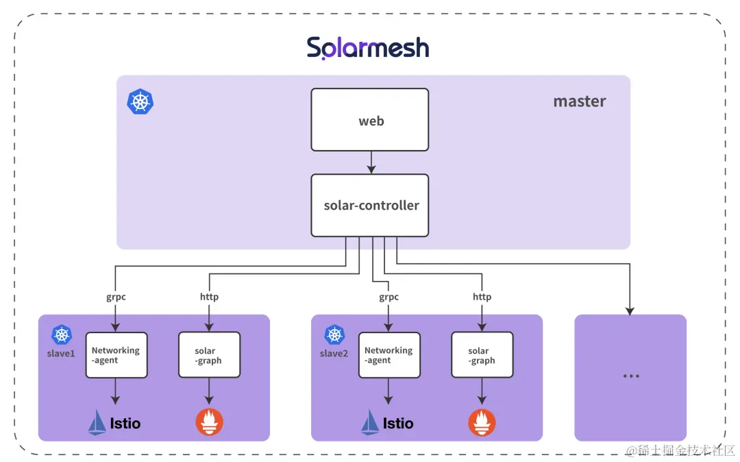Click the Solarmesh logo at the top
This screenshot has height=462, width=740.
point(368,48)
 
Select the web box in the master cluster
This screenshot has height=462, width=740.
point(370,120)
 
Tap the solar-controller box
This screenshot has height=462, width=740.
point(370,205)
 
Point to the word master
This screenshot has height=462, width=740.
point(580,101)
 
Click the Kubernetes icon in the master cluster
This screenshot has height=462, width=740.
point(140,101)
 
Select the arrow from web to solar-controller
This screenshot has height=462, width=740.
point(370,162)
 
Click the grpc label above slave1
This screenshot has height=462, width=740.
point(116,297)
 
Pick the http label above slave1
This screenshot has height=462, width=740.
point(209,297)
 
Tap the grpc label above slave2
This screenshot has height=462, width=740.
point(388,297)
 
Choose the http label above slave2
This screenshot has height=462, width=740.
point(482,297)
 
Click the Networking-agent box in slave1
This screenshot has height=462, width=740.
point(116,355)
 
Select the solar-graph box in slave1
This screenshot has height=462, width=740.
point(209,355)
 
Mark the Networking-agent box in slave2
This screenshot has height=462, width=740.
point(388,355)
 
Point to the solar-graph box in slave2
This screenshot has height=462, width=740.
point(482,355)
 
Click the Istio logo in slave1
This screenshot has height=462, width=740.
point(114,422)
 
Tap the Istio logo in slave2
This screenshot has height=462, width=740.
point(387,422)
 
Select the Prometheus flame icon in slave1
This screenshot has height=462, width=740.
point(209,422)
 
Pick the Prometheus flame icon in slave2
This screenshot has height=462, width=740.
point(482,422)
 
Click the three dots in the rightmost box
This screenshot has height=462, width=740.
point(630,376)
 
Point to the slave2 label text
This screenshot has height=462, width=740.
point(334,354)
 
